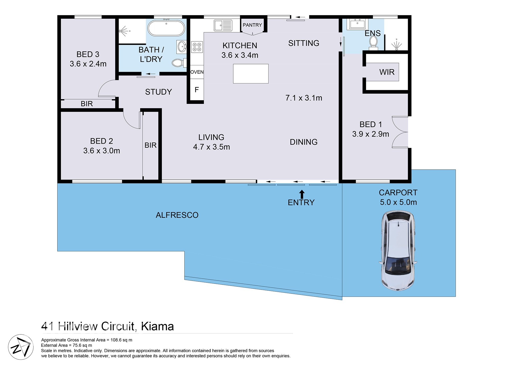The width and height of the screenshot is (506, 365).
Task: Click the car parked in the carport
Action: click(x=398, y=250)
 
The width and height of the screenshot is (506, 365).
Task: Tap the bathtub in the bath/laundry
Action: click(x=166, y=28)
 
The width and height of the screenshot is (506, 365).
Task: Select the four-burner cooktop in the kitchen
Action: click(x=197, y=47)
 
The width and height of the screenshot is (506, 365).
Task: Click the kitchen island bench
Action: click(x=251, y=74)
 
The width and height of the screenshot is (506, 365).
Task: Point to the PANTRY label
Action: click(x=252, y=25)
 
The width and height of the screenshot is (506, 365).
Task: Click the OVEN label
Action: click(x=197, y=72)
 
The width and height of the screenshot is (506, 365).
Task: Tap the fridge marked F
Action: click(x=197, y=90)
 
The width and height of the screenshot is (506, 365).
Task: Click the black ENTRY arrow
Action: click(x=302, y=194)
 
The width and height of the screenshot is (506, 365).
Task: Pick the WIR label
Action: click(x=387, y=72)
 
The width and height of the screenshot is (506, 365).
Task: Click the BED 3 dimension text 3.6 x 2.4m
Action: click(x=88, y=64)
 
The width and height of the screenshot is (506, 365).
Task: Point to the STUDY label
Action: click(x=158, y=92)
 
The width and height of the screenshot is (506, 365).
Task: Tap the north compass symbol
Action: click(x=21, y=347)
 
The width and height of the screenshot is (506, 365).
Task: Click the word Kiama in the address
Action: click(x=157, y=326)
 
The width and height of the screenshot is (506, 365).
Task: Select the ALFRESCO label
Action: click(x=177, y=215)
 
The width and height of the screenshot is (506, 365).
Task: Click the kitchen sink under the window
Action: click(x=223, y=26)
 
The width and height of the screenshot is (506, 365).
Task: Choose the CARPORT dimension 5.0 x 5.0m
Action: click(x=398, y=202)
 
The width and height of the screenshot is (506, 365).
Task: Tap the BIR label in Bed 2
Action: click(x=150, y=145)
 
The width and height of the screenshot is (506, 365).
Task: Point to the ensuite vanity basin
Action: click(x=357, y=24)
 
